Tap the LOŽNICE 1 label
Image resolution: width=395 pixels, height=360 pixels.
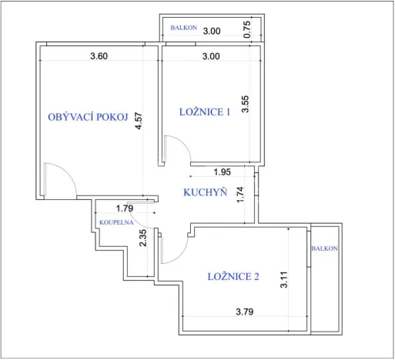tap(205, 112)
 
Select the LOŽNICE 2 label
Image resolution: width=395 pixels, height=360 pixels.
tap(233, 277)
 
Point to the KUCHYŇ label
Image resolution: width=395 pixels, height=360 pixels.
tap(204, 192)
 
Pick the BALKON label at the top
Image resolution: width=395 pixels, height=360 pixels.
tap(184, 28)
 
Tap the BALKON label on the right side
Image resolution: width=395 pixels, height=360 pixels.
tap(324, 249)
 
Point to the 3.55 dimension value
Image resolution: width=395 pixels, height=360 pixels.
tap(246, 104)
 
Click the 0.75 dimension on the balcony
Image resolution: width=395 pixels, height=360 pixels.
tap(246, 29)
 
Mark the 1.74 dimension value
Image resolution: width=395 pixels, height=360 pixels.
tap(240, 195)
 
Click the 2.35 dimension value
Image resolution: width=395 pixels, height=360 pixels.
tap(143, 238)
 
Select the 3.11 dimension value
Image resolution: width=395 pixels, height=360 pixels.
tap(284, 277)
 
